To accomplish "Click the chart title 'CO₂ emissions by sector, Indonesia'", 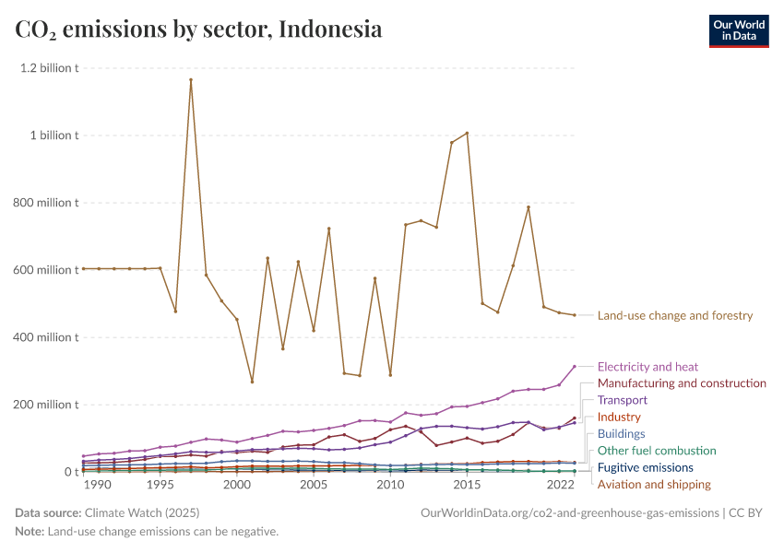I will (198, 29).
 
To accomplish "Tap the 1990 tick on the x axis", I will (98, 485).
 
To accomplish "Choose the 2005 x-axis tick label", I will (313, 485).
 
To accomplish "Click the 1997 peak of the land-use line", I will (191, 80).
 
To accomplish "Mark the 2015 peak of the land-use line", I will (467, 133).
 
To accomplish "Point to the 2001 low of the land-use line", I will (252, 382).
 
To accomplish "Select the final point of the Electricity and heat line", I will (574, 367).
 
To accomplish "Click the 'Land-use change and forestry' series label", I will (675, 316).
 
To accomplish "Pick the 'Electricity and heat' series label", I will (647, 367).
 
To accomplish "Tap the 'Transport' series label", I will (623, 400).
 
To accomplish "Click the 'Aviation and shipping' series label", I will (654, 484).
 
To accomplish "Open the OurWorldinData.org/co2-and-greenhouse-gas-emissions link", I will (569, 512).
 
